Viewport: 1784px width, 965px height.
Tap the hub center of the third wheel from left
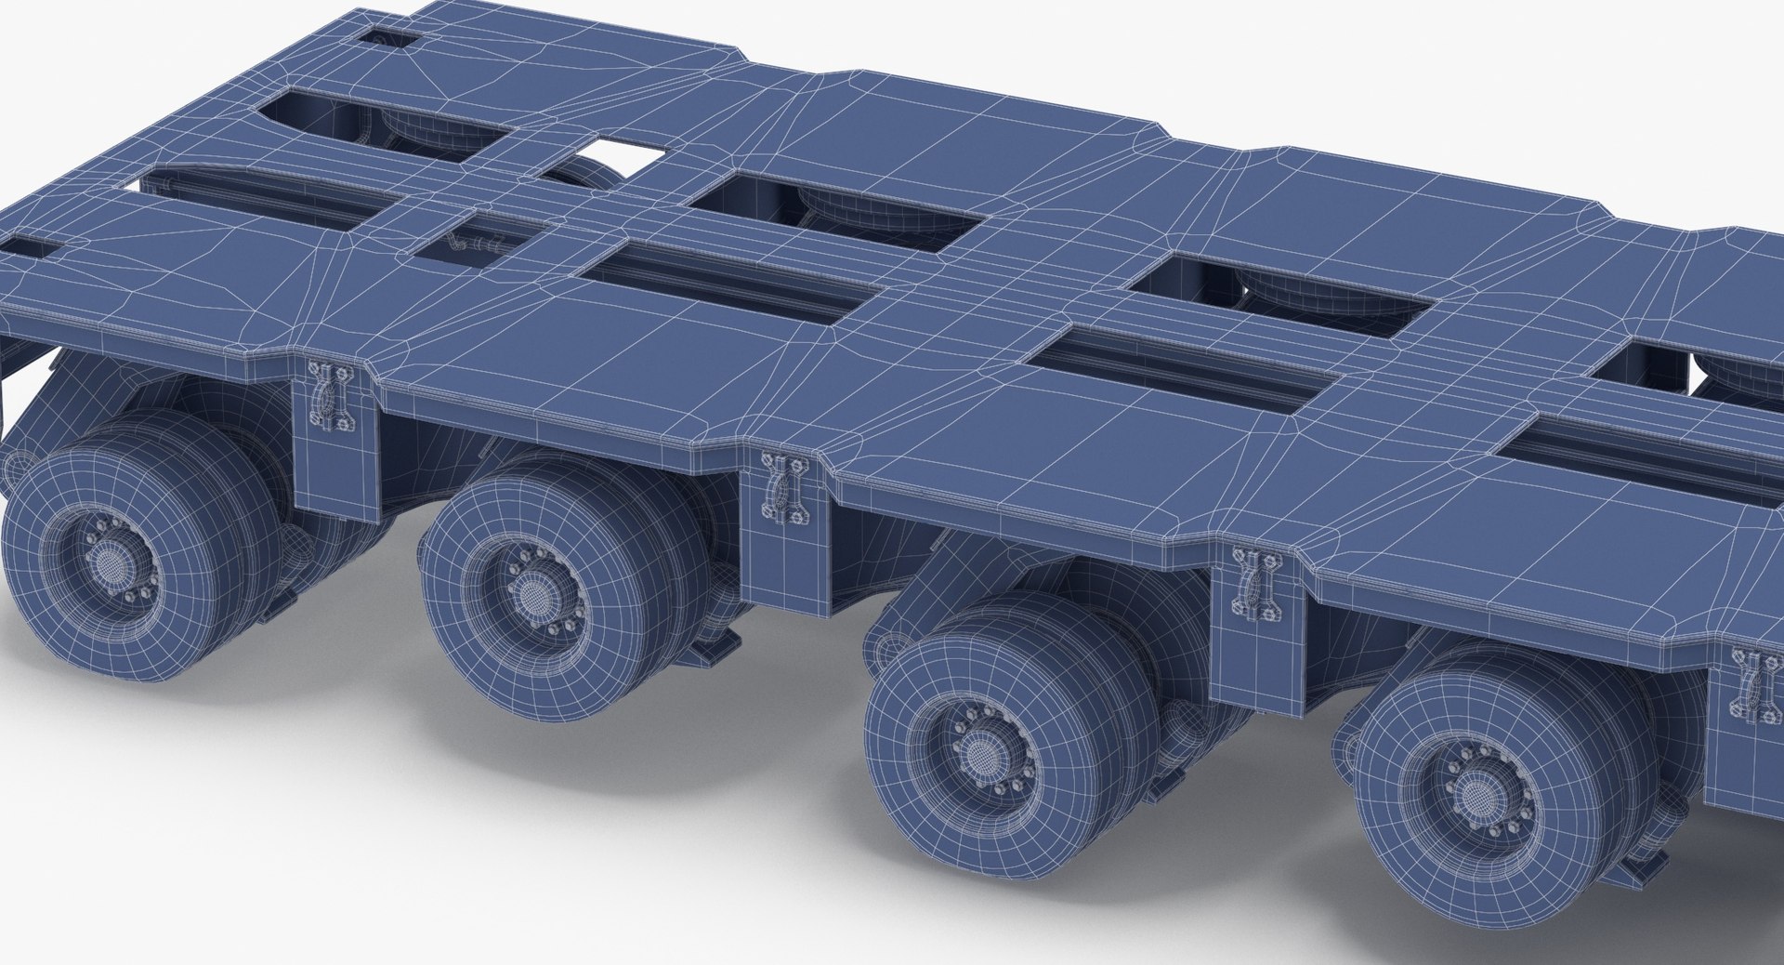tap(977, 750)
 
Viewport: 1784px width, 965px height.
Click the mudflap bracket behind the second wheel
tap(715, 641)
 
